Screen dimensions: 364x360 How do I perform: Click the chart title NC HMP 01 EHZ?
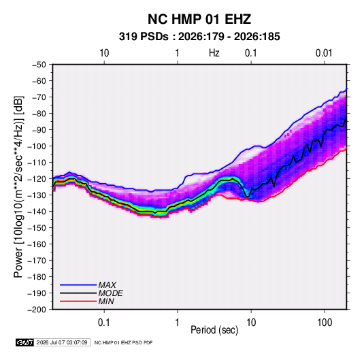click(x=199, y=19)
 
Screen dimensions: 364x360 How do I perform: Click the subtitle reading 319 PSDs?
click(x=144, y=37)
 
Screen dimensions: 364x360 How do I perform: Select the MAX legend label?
click(x=107, y=284)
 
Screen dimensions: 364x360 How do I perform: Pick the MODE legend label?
click(x=110, y=293)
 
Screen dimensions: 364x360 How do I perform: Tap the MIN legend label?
click(x=106, y=301)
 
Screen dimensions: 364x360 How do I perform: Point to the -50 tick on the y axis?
click(x=39, y=65)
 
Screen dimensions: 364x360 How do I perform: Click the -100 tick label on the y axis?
click(x=37, y=146)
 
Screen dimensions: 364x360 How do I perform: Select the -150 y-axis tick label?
click(x=37, y=228)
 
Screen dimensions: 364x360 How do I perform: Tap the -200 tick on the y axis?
click(x=37, y=310)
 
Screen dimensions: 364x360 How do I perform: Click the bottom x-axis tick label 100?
click(x=325, y=323)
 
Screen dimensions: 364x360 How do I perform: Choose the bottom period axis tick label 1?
click(x=178, y=323)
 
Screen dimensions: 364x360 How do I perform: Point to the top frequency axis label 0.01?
click(x=324, y=53)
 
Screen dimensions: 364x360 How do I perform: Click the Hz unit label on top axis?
click(x=214, y=53)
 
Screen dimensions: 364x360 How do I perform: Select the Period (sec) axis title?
click(x=214, y=330)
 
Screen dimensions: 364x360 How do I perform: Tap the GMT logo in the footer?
click(x=25, y=342)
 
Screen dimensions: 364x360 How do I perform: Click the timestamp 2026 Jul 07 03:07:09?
click(x=62, y=342)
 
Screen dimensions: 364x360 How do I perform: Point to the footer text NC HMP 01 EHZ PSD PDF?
click(x=124, y=342)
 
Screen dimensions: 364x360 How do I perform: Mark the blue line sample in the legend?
click(x=78, y=285)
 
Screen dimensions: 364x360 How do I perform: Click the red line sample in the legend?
click(x=78, y=301)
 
